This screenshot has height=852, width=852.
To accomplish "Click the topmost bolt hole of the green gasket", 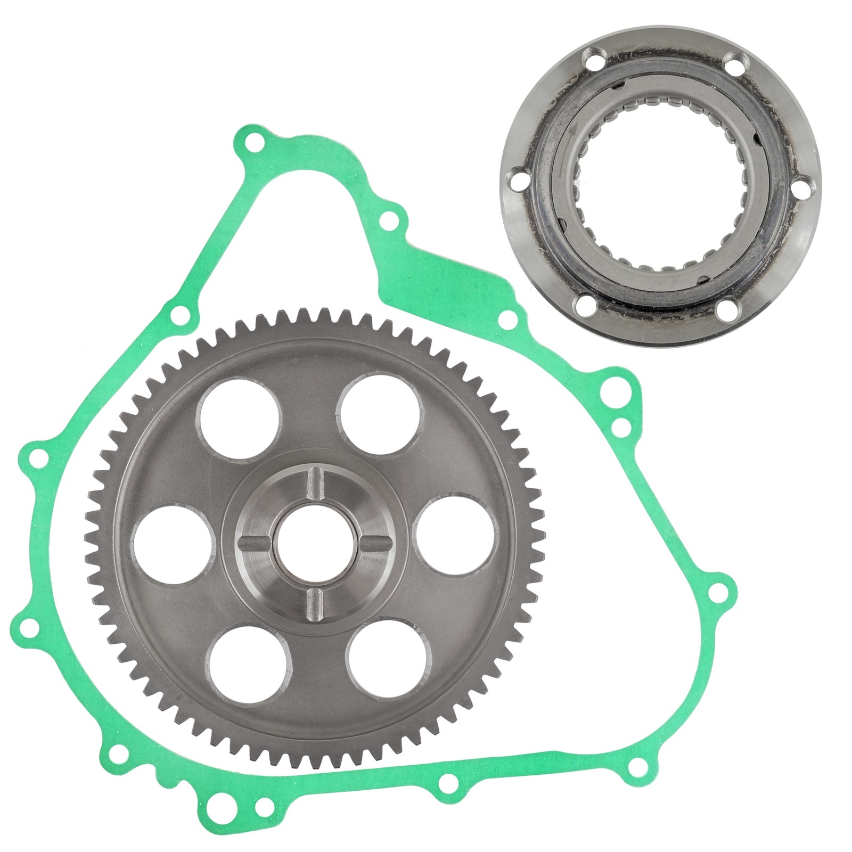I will (254, 143).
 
